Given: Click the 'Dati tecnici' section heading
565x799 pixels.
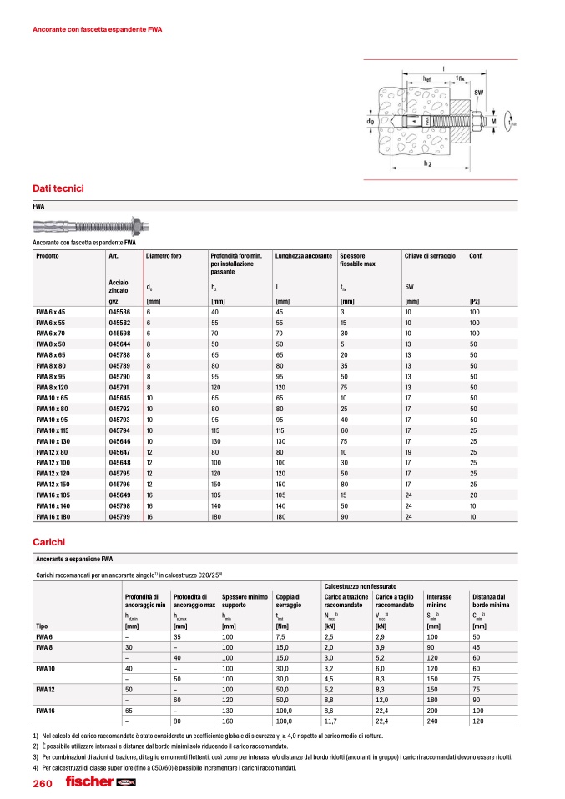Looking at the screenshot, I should tap(58, 188).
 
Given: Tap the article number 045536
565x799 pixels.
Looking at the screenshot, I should tap(119, 311).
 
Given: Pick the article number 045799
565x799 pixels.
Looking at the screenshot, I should tap(119, 517).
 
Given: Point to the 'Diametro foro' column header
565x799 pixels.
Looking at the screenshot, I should tap(164, 254).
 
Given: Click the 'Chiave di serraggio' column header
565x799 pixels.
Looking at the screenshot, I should tap(430, 254).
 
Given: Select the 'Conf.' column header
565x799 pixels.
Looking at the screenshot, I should tap(478, 254).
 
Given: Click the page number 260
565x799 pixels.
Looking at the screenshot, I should tap(42, 783).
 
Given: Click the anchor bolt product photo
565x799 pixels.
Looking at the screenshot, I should tap(90, 226).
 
